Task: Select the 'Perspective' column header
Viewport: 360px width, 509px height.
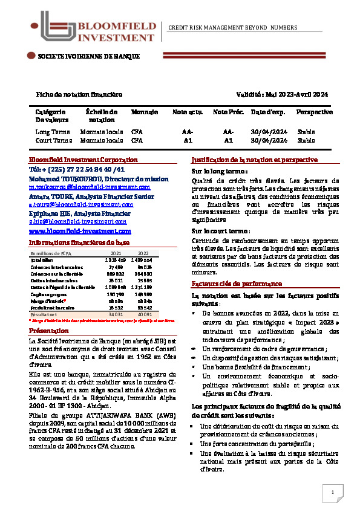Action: pyautogui.click(x=314, y=112)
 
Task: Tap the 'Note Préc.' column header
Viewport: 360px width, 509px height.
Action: pyautogui.click(x=228, y=112)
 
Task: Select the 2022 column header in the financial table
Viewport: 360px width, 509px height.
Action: pyautogui.click(x=143, y=253)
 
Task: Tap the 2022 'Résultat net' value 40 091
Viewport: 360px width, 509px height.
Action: pyautogui.click(x=143, y=314)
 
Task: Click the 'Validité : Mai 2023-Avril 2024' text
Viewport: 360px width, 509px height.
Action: pyautogui.click(x=282, y=94)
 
